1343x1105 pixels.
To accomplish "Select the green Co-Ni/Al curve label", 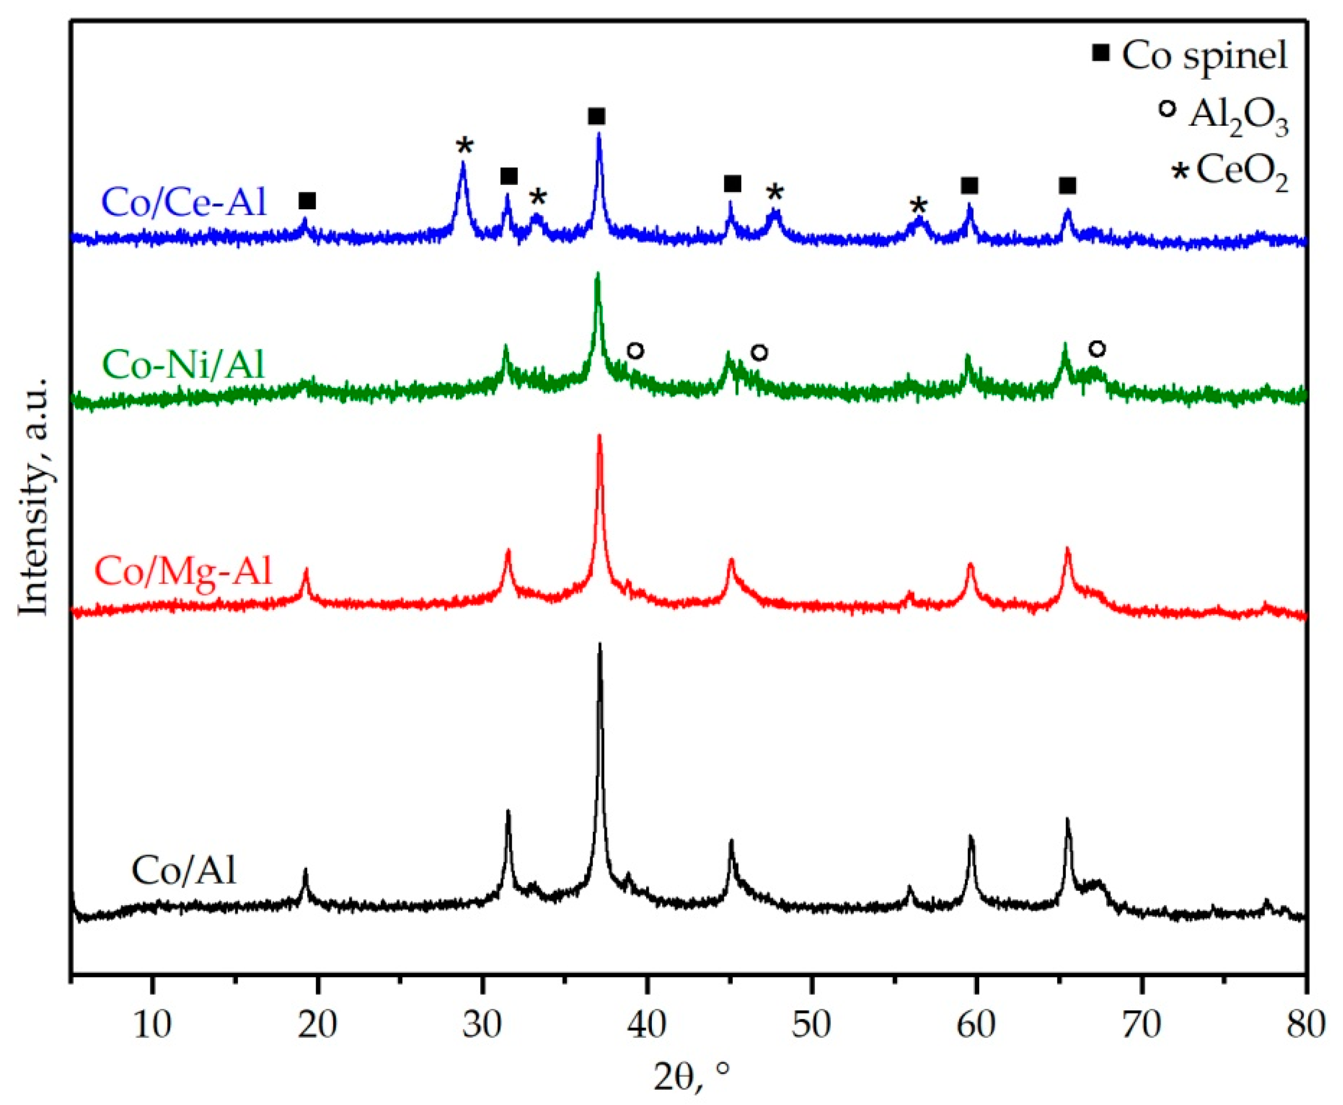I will click(x=183, y=365).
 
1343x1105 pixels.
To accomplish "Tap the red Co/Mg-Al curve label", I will click(x=183, y=570).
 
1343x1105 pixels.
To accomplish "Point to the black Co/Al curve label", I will click(x=183, y=870).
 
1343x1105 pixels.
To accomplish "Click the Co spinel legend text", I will click(x=1204, y=56).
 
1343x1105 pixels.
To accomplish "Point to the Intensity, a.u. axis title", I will click(x=35, y=497).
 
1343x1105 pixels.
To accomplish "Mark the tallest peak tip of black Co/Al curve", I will click(x=599, y=645).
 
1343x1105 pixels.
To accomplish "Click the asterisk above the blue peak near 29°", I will click(x=464, y=146).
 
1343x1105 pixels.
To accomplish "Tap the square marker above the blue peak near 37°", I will click(x=596, y=116).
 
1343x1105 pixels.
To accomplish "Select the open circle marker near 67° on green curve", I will click(x=1097, y=349).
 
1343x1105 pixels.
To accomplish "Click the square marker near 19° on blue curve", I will click(x=307, y=201).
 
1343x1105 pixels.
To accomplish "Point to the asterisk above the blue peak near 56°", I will click(x=917, y=205).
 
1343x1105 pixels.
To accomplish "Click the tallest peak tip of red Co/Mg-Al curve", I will click(x=599, y=436).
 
